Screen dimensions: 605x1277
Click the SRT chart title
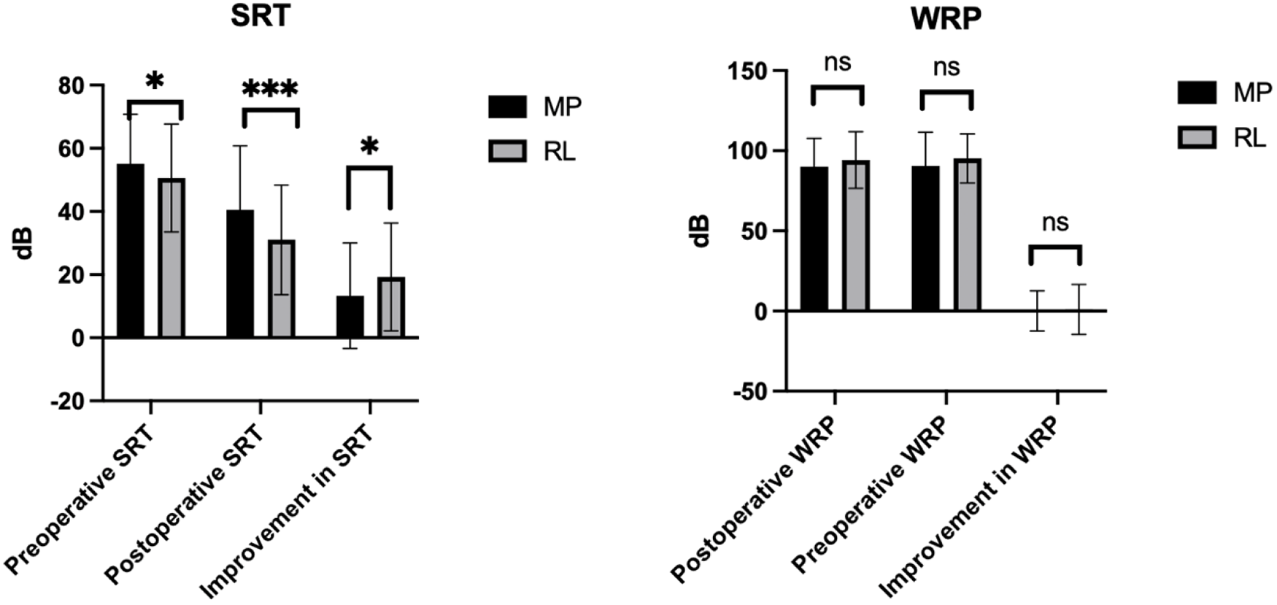coord(261,16)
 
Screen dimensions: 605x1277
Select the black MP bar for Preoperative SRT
coord(131,251)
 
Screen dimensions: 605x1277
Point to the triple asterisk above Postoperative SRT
coord(270,90)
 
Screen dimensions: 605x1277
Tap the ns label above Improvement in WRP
coord(1054,223)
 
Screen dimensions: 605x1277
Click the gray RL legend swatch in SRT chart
coord(507,150)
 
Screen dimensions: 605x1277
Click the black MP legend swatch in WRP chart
coord(1197,93)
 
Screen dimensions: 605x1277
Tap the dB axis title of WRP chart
coord(701,231)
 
